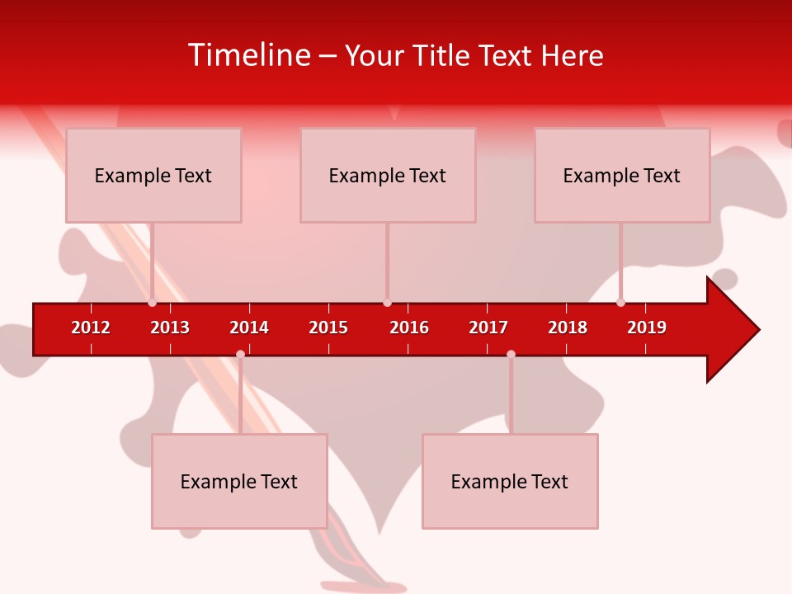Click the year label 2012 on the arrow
[91, 328]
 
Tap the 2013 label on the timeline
[170, 328]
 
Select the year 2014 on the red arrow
[249, 328]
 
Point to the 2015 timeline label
[328, 328]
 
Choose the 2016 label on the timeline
[409, 328]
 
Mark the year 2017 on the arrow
[488, 328]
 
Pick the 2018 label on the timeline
[568, 328]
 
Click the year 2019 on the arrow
[647, 328]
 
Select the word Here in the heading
[572, 55]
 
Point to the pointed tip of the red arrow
[757, 330]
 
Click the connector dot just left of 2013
[152, 303]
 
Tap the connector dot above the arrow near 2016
[387, 303]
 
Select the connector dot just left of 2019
[620, 303]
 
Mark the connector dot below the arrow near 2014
[240, 355]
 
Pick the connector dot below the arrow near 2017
[511, 355]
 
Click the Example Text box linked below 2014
[239, 482]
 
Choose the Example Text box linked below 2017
[510, 482]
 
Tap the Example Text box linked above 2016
[388, 175]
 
